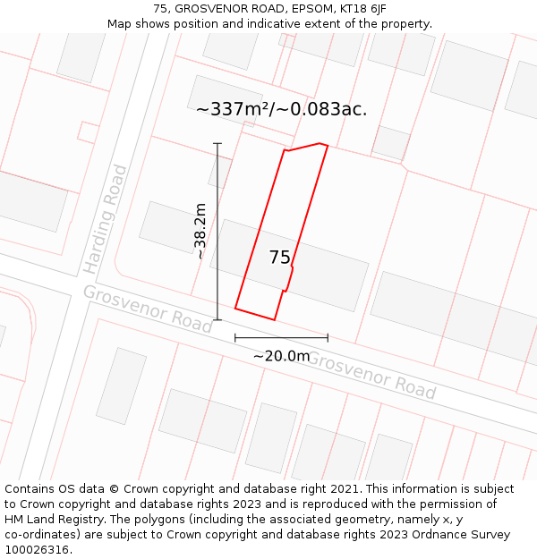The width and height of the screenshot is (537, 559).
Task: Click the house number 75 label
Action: tap(279, 258)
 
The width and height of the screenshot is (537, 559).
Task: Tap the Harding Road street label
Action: tap(106, 219)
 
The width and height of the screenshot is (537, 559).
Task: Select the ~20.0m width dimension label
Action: tap(281, 356)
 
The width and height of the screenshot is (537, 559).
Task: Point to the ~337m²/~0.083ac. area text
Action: tap(281, 109)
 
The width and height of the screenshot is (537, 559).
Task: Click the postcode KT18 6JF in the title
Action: tap(362, 9)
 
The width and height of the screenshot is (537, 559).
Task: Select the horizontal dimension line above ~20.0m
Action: tap(281, 338)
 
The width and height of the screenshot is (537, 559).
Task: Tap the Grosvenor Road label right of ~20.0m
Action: tap(371, 375)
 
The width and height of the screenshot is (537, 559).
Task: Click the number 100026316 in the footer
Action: tap(36, 550)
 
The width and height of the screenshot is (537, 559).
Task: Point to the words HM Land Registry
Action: tap(52, 520)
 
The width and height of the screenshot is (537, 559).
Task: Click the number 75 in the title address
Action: tap(160, 9)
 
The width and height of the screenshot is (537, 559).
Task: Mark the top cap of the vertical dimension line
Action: tap(217, 143)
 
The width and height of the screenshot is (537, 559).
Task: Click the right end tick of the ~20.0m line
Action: tap(328, 338)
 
